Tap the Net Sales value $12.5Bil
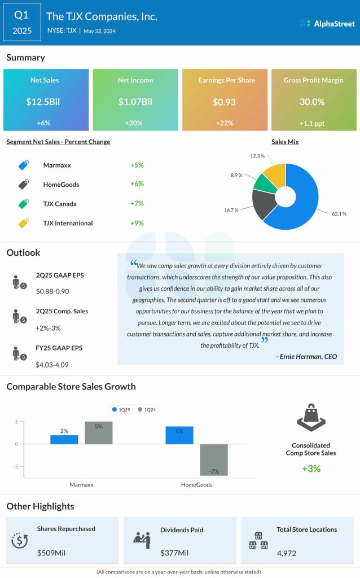click(x=46, y=102)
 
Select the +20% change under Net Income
click(x=135, y=122)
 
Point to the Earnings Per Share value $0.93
click(x=224, y=102)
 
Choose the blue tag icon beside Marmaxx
click(x=23, y=165)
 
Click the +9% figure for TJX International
click(x=137, y=223)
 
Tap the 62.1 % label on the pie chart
click(x=339, y=214)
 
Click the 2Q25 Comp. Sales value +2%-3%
click(x=50, y=327)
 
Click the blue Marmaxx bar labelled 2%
click(x=64, y=439)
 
